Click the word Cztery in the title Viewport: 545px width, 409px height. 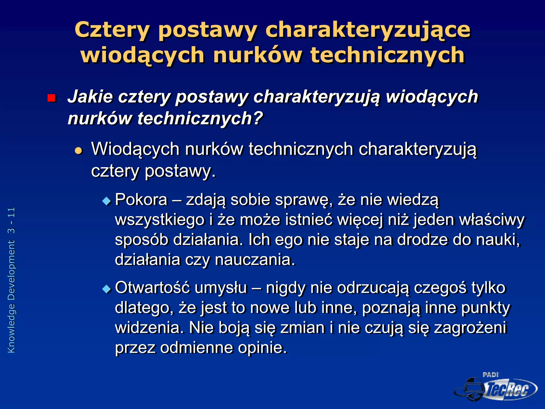(x=112, y=30)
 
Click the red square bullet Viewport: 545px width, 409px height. (x=51, y=98)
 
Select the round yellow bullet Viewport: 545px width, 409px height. (x=79, y=151)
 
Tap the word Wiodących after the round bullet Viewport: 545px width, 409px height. (x=135, y=149)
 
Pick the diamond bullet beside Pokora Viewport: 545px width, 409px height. (x=107, y=201)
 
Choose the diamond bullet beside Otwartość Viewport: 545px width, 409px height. (x=107, y=289)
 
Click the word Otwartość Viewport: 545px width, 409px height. (x=152, y=288)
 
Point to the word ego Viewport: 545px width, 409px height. (x=289, y=240)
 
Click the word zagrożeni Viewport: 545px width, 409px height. (x=470, y=328)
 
